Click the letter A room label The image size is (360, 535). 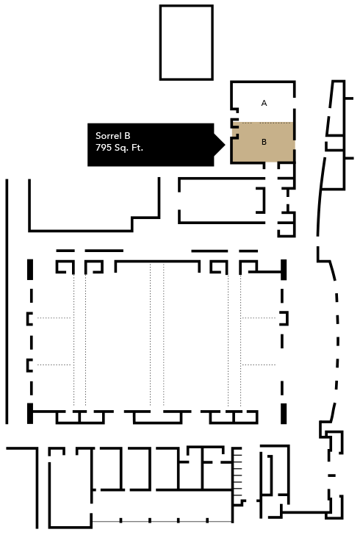pyautogui.click(x=264, y=103)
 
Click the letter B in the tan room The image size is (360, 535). pyautogui.click(x=264, y=142)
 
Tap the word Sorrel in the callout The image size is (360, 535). pyautogui.click(x=109, y=136)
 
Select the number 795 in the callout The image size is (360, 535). pyautogui.click(x=104, y=148)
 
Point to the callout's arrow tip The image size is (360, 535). pyautogui.click(x=225, y=145)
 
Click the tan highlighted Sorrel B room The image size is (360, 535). pyautogui.click(x=263, y=142)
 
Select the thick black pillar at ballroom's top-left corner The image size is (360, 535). pyautogui.click(x=30, y=270)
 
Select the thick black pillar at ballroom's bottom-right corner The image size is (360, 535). pyautogui.click(x=283, y=414)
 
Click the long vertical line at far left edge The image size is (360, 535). pyautogui.click(x=7, y=301)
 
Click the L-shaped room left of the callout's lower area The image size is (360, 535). pyautogui.click(x=81, y=231)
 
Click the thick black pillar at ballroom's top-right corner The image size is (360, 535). pyautogui.click(x=283, y=270)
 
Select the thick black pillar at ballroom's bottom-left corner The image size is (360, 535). pyautogui.click(x=30, y=414)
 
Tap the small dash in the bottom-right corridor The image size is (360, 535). pyautogui.click(x=331, y=475)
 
